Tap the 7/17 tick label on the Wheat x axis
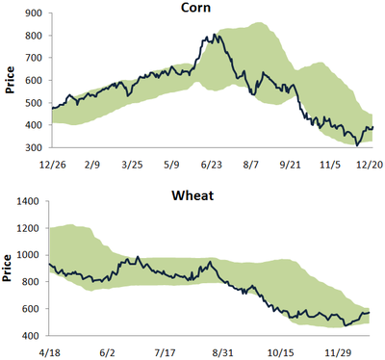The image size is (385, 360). pos(173,352)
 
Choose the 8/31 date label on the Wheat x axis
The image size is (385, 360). pos(228,352)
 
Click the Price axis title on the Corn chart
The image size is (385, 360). pos(9,81)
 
